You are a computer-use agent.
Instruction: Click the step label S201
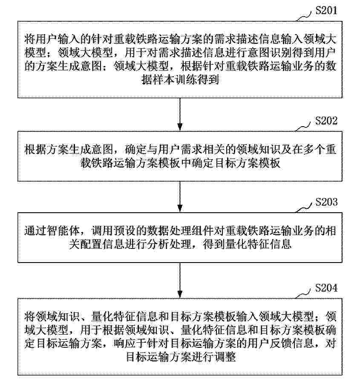coord(326,10)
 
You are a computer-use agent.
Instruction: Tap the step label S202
coord(326,121)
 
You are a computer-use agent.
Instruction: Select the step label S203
coord(326,202)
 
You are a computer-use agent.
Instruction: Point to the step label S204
coord(326,288)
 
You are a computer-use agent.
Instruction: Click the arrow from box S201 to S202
coord(180,114)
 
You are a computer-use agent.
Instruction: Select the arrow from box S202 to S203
coord(180,196)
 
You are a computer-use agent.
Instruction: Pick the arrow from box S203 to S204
coord(180,280)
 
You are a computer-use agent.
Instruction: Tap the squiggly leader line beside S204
coord(303,294)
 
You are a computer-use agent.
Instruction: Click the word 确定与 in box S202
coord(141,150)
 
